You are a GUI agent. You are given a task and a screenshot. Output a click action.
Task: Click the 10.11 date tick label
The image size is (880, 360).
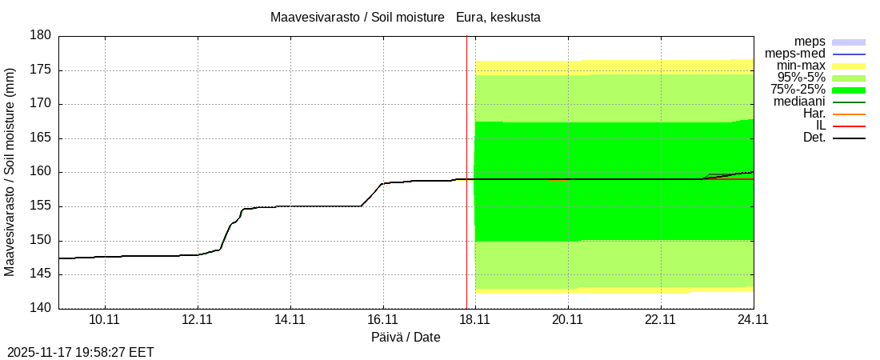[105, 320]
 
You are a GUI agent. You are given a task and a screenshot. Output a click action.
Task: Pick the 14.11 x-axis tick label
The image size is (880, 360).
[290, 320]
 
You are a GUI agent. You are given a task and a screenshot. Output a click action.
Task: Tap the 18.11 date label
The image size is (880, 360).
[475, 320]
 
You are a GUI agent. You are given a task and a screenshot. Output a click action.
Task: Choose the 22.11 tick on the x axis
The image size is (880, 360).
[661, 320]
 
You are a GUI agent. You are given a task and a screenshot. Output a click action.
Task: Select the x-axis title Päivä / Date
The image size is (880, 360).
[406, 338]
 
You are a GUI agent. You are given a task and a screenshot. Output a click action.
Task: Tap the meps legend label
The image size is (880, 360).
[810, 42]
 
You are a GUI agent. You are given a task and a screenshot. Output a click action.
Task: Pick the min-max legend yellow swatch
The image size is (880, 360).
[849, 66]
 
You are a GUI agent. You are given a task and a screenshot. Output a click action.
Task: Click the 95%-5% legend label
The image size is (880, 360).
[802, 78]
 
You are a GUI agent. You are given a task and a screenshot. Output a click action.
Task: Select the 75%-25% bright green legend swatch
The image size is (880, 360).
[849, 90]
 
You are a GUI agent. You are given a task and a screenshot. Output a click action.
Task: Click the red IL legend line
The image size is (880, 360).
[849, 126]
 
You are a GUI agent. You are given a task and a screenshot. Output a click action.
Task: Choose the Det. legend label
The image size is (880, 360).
[814, 138]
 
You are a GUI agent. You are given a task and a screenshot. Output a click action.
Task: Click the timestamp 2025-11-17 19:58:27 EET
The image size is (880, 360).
[81, 352]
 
